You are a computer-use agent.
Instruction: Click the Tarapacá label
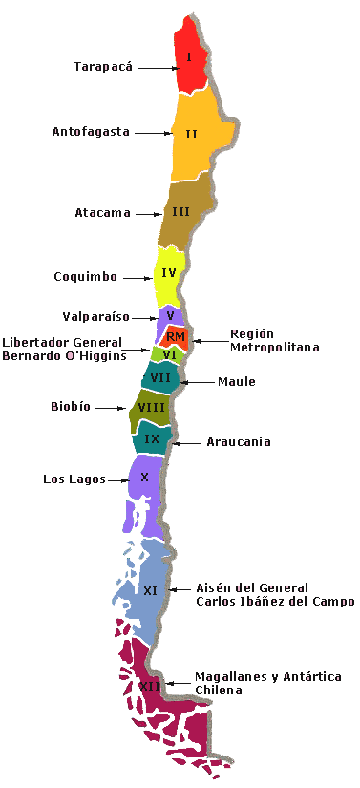coord(104,67)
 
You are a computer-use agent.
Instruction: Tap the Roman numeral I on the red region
coord(190,57)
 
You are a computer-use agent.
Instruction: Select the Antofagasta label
coord(91,132)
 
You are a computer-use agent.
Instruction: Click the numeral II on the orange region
coord(191,134)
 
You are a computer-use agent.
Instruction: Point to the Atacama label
coord(102,213)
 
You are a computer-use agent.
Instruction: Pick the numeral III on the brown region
coord(180,211)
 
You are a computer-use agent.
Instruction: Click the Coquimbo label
coord(85,277)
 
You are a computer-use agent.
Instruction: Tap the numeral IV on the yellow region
coord(169,273)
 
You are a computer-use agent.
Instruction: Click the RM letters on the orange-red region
coord(175,337)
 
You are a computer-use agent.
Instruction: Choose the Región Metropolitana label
coord(261,340)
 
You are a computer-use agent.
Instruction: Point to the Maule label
coord(236,382)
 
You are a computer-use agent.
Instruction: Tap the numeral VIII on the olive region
coord(152,408)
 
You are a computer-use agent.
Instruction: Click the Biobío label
coord(71,407)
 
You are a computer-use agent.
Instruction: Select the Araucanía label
coord(239,442)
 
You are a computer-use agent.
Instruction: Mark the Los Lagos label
coord(74,479)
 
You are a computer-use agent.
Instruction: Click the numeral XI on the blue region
coord(150,591)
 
